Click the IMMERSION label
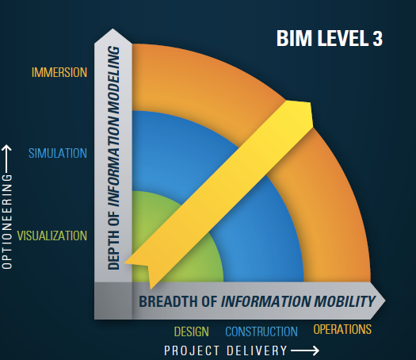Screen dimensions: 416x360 [59, 72]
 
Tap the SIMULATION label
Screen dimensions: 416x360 [58, 153]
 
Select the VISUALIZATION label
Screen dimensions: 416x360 [52, 236]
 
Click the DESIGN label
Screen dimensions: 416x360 [191, 331]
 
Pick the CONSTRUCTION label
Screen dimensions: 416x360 [261, 331]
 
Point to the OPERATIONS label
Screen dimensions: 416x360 [342, 329]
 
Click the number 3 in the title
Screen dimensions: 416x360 [377, 38]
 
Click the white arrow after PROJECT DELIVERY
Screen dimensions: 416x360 [305, 350]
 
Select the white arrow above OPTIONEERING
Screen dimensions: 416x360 [7, 159]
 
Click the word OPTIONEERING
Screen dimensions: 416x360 [7, 221]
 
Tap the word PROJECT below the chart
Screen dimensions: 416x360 [192, 350]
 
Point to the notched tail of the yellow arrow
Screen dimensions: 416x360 [147, 266]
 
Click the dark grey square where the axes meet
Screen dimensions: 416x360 [113, 301]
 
